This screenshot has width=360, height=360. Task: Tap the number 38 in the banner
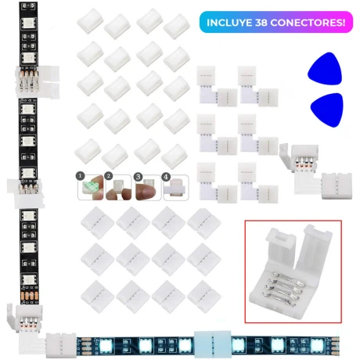261,23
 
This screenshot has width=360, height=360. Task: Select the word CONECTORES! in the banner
308,23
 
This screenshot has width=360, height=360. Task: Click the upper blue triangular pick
325,68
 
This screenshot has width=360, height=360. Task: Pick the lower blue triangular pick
327,110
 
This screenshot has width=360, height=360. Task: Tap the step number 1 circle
81,176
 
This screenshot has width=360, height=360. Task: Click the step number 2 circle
109,176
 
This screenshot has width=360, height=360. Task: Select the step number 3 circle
138,177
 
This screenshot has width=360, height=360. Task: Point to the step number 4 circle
166,177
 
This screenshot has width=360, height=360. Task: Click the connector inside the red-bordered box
291,272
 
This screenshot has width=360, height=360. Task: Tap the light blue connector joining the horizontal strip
213,343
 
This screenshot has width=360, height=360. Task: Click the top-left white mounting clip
90,21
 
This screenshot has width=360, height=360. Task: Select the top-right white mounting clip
177,27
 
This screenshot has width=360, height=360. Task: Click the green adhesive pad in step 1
88,186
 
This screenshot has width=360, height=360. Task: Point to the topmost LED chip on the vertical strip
28,23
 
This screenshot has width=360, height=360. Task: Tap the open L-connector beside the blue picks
315,171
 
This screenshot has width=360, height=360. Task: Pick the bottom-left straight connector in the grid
97,297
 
